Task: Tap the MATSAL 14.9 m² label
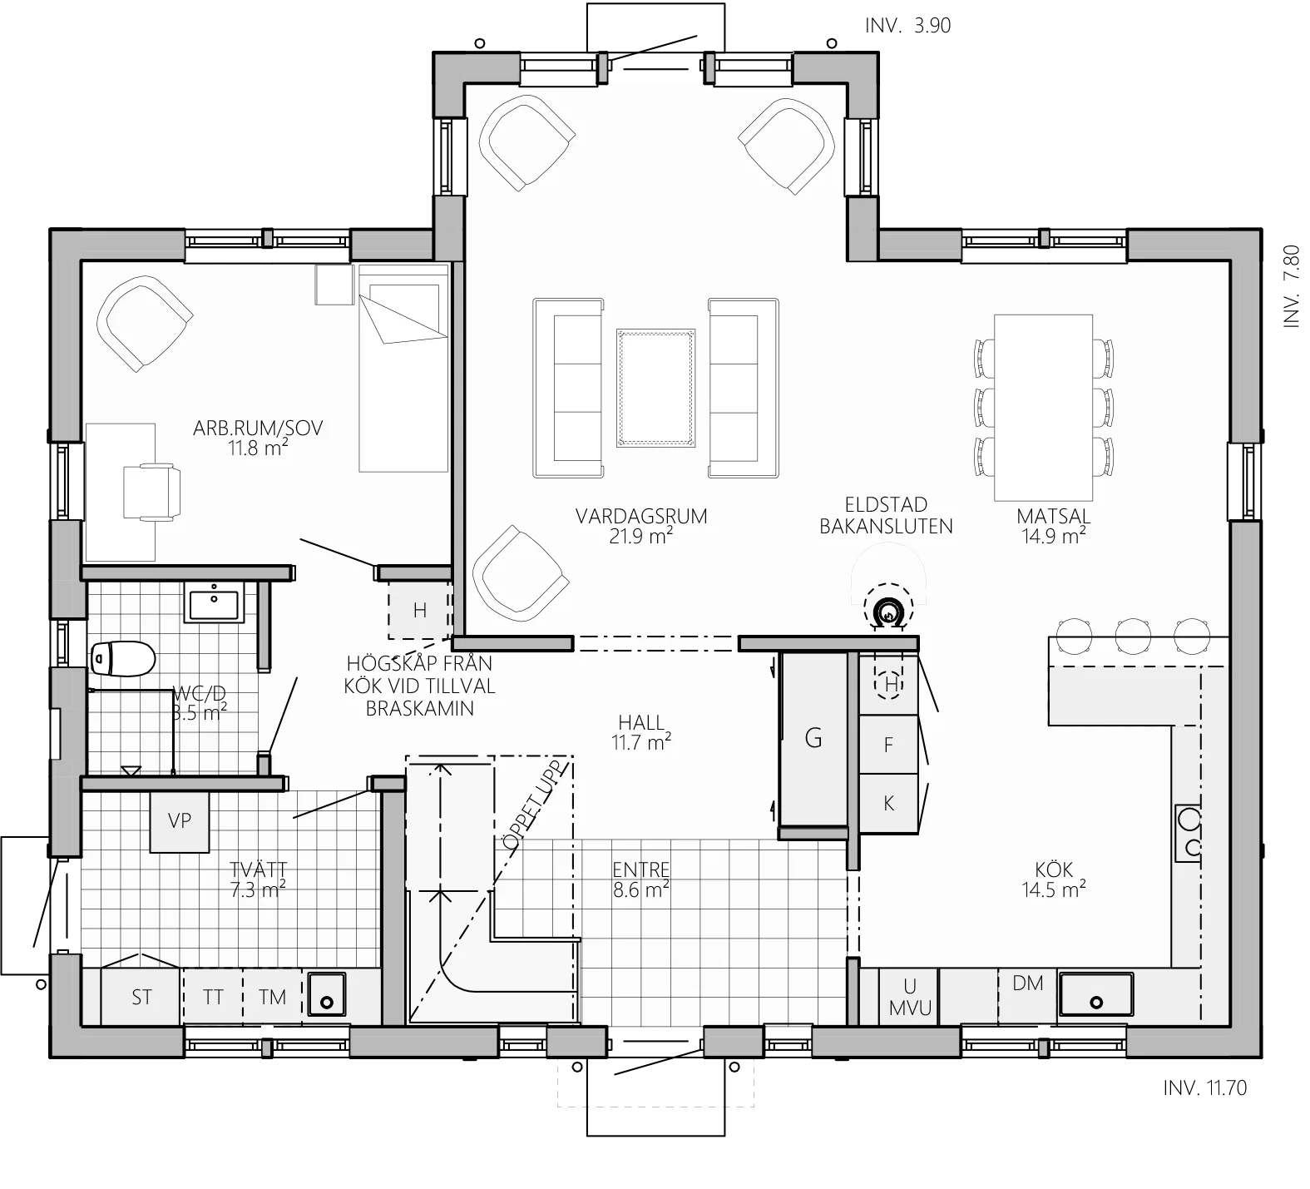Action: tap(1053, 525)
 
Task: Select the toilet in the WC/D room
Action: tap(123, 660)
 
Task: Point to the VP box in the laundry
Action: tap(180, 821)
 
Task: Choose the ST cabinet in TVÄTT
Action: tap(141, 997)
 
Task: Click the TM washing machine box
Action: tap(272, 997)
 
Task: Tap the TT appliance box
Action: tap(213, 997)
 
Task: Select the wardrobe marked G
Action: tap(813, 738)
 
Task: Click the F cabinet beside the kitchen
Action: tap(888, 745)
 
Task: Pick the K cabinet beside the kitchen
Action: tap(888, 803)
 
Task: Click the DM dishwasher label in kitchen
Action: tap(1028, 983)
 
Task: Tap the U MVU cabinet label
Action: tap(910, 997)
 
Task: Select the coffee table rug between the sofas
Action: tap(655, 388)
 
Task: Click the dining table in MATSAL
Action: tap(1043, 407)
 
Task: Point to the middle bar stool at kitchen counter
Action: tap(1133, 636)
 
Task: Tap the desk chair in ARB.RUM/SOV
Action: tap(151, 492)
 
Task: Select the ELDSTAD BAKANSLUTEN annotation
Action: tap(886, 516)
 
